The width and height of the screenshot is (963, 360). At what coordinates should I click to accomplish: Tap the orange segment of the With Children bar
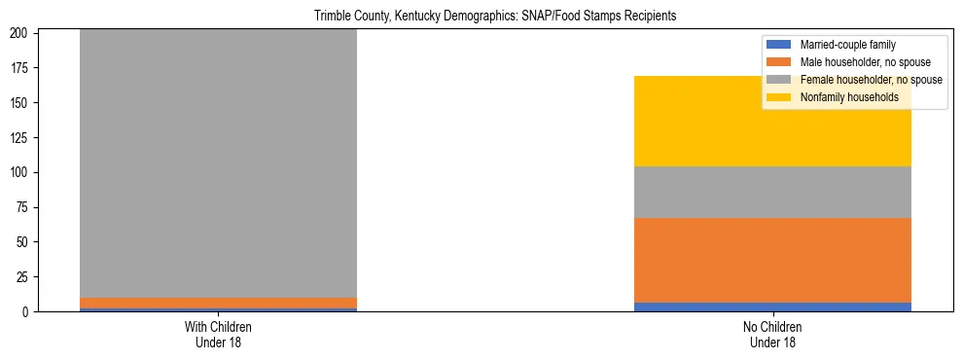218,303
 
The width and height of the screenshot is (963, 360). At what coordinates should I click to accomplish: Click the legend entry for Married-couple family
847,45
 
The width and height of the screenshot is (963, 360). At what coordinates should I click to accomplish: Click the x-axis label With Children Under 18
218,334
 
